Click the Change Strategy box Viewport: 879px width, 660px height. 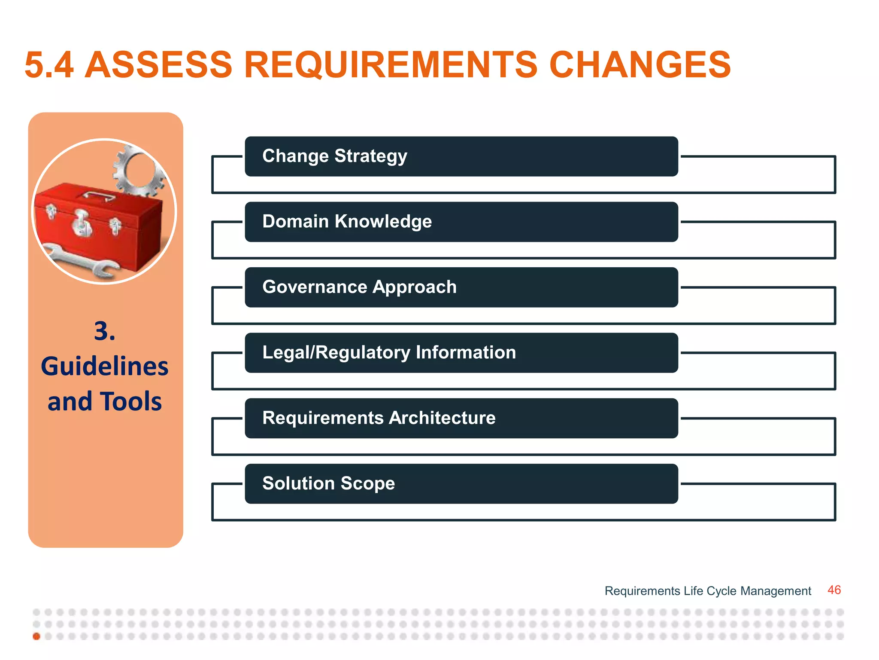point(461,156)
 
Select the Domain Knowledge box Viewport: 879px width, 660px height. point(461,222)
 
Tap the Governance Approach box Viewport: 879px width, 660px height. point(461,287)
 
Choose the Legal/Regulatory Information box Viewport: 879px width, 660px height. point(461,353)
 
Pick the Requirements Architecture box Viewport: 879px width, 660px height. point(461,418)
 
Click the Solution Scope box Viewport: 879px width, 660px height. point(461,483)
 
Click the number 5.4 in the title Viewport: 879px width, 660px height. point(49,65)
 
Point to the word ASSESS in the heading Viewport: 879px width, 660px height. point(158,65)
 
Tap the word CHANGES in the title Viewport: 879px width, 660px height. point(640,65)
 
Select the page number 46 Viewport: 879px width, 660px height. point(834,590)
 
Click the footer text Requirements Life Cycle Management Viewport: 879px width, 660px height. point(708,591)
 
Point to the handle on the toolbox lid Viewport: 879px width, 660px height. point(99,196)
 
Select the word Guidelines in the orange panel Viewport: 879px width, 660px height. point(105,367)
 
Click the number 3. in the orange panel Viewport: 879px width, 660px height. point(105,331)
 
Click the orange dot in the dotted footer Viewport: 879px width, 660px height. point(36,636)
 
